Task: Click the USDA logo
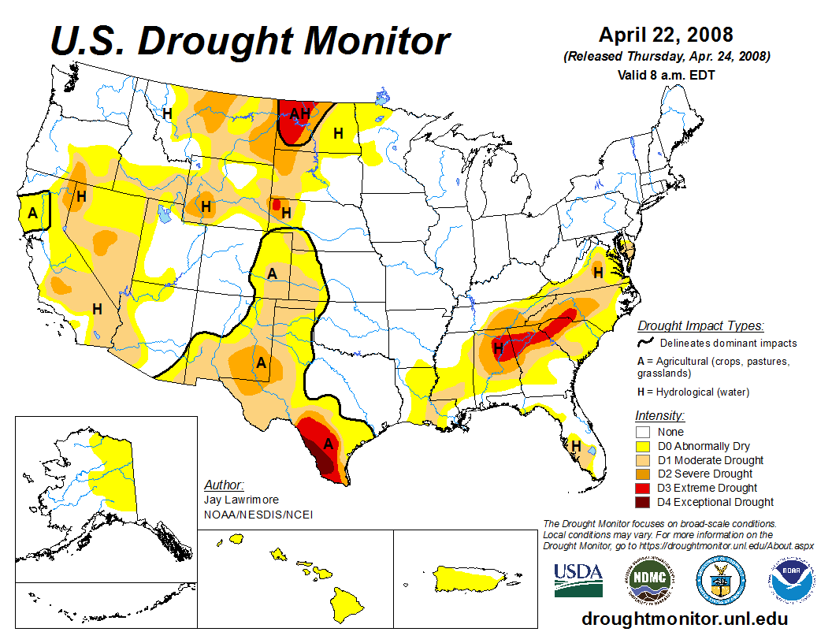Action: coord(578,580)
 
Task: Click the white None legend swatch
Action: coord(644,432)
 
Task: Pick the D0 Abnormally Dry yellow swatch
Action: coord(644,446)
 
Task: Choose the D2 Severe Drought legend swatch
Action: coord(644,474)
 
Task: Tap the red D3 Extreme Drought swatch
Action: coord(644,488)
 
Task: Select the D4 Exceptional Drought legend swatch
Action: coord(644,502)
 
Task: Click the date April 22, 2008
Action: coord(666,35)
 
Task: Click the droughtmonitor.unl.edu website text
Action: coord(684,619)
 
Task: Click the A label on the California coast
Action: coord(33,213)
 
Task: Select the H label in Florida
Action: coord(577,447)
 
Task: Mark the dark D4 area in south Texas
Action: coord(321,458)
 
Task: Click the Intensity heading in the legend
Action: coord(659,415)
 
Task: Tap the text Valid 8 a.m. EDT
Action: coord(666,75)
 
